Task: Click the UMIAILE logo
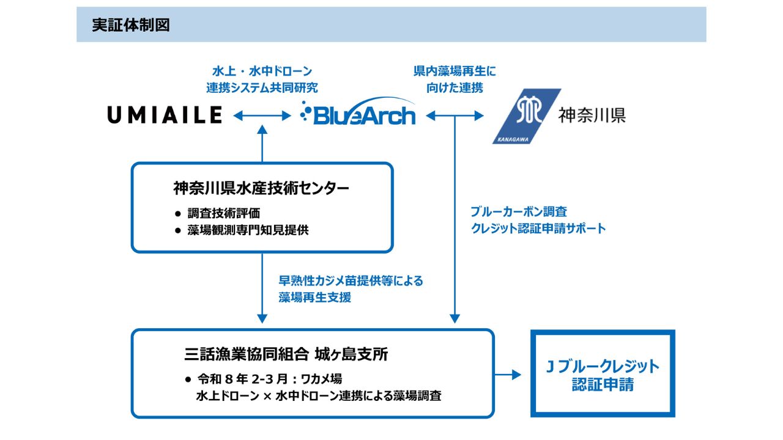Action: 165,115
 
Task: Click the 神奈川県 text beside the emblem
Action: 592,116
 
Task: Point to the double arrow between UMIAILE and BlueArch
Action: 262,115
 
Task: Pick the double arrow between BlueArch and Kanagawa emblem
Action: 455,115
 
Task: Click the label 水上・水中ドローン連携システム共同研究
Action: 262,79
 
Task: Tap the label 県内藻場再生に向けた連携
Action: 455,79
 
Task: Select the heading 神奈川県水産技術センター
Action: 261,188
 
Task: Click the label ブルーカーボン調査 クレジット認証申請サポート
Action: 538,220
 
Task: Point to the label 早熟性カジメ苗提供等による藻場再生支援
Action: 351,289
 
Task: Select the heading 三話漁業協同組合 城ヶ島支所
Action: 286,354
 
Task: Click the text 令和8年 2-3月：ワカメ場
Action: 269,380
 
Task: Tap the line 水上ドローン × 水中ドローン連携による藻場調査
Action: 318,395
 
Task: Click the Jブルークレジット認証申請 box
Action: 602,374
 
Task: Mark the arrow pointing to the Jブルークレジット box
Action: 508,374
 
